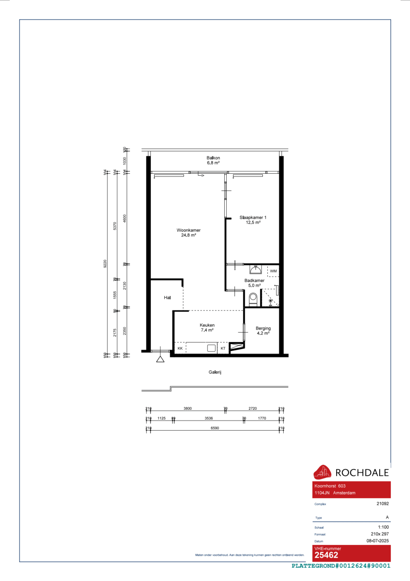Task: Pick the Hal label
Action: pyautogui.click(x=167, y=298)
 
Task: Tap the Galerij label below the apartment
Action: pyautogui.click(x=215, y=372)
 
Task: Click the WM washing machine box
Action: pyautogui.click(x=273, y=271)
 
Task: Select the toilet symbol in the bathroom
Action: pyautogui.click(x=253, y=299)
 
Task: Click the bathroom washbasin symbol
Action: pyautogui.click(x=256, y=269)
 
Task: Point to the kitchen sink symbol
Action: pyautogui.click(x=212, y=348)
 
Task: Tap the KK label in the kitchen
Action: pyautogui.click(x=180, y=348)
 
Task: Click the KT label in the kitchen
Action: pyautogui.click(x=223, y=348)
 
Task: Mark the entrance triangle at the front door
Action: pyautogui.click(x=160, y=359)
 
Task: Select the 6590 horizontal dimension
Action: pyautogui.click(x=215, y=428)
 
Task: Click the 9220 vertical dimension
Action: pyautogui.click(x=105, y=264)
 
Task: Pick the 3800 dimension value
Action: pyautogui.click(x=188, y=409)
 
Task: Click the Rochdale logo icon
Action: pyautogui.click(x=322, y=472)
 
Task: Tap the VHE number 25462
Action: pyautogui.click(x=326, y=555)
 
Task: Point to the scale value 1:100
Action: pyautogui.click(x=383, y=527)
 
